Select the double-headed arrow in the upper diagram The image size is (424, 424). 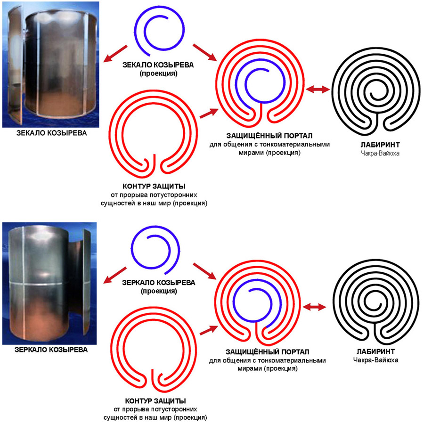point(316,89)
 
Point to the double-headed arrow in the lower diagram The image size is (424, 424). point(314,307)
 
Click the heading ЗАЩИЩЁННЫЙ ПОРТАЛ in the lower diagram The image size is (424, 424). point(267,351)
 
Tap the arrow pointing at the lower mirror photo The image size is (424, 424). point(115,273)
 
